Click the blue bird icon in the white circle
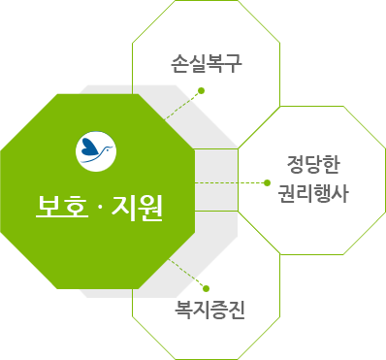pyautogui.click(x=95, y=147)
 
